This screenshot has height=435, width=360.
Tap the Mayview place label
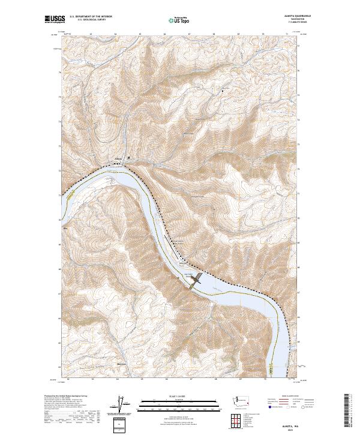[x=121, y=364]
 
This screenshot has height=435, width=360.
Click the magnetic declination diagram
[x=122, y=403]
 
